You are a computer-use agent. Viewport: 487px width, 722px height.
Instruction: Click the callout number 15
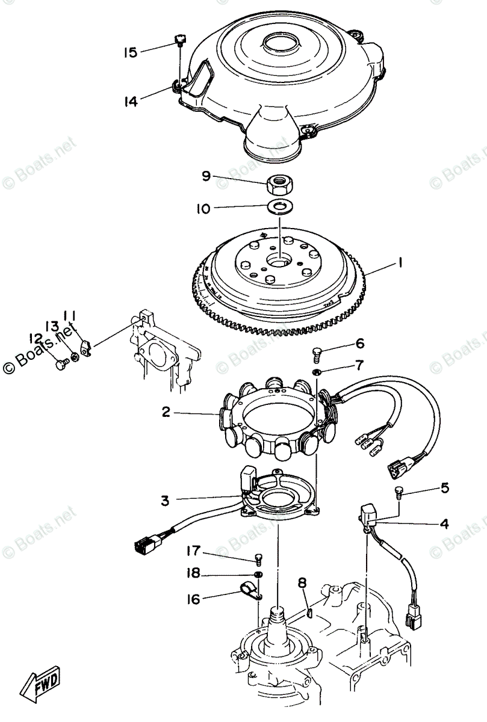[x=130, y=52]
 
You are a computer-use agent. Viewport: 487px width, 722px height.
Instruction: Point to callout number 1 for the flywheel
[x=399, y=263]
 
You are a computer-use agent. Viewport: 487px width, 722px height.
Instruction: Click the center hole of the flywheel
[x=279, y=263]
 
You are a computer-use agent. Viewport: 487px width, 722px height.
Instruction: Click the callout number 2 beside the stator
[x=166, y=412]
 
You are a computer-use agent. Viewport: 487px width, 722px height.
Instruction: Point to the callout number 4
[x=444, y=523]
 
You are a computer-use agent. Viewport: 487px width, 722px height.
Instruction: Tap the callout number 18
[x=193, y=574]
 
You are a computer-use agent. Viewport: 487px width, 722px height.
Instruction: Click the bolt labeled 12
[x=60, y=363]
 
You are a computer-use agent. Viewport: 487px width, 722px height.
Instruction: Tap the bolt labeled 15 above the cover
[x=179, y=40]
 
